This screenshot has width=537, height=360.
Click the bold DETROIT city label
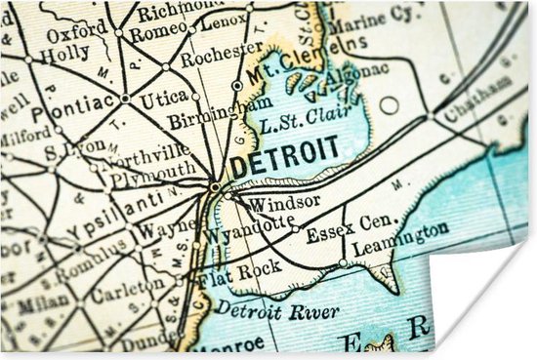pos(284,155)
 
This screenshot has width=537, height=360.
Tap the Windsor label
pos(270,203)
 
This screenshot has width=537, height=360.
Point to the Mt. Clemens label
pos(284,66)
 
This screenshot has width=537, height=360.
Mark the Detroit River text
pos(277,312)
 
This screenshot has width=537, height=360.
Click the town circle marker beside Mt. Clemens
pos(237,86)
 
